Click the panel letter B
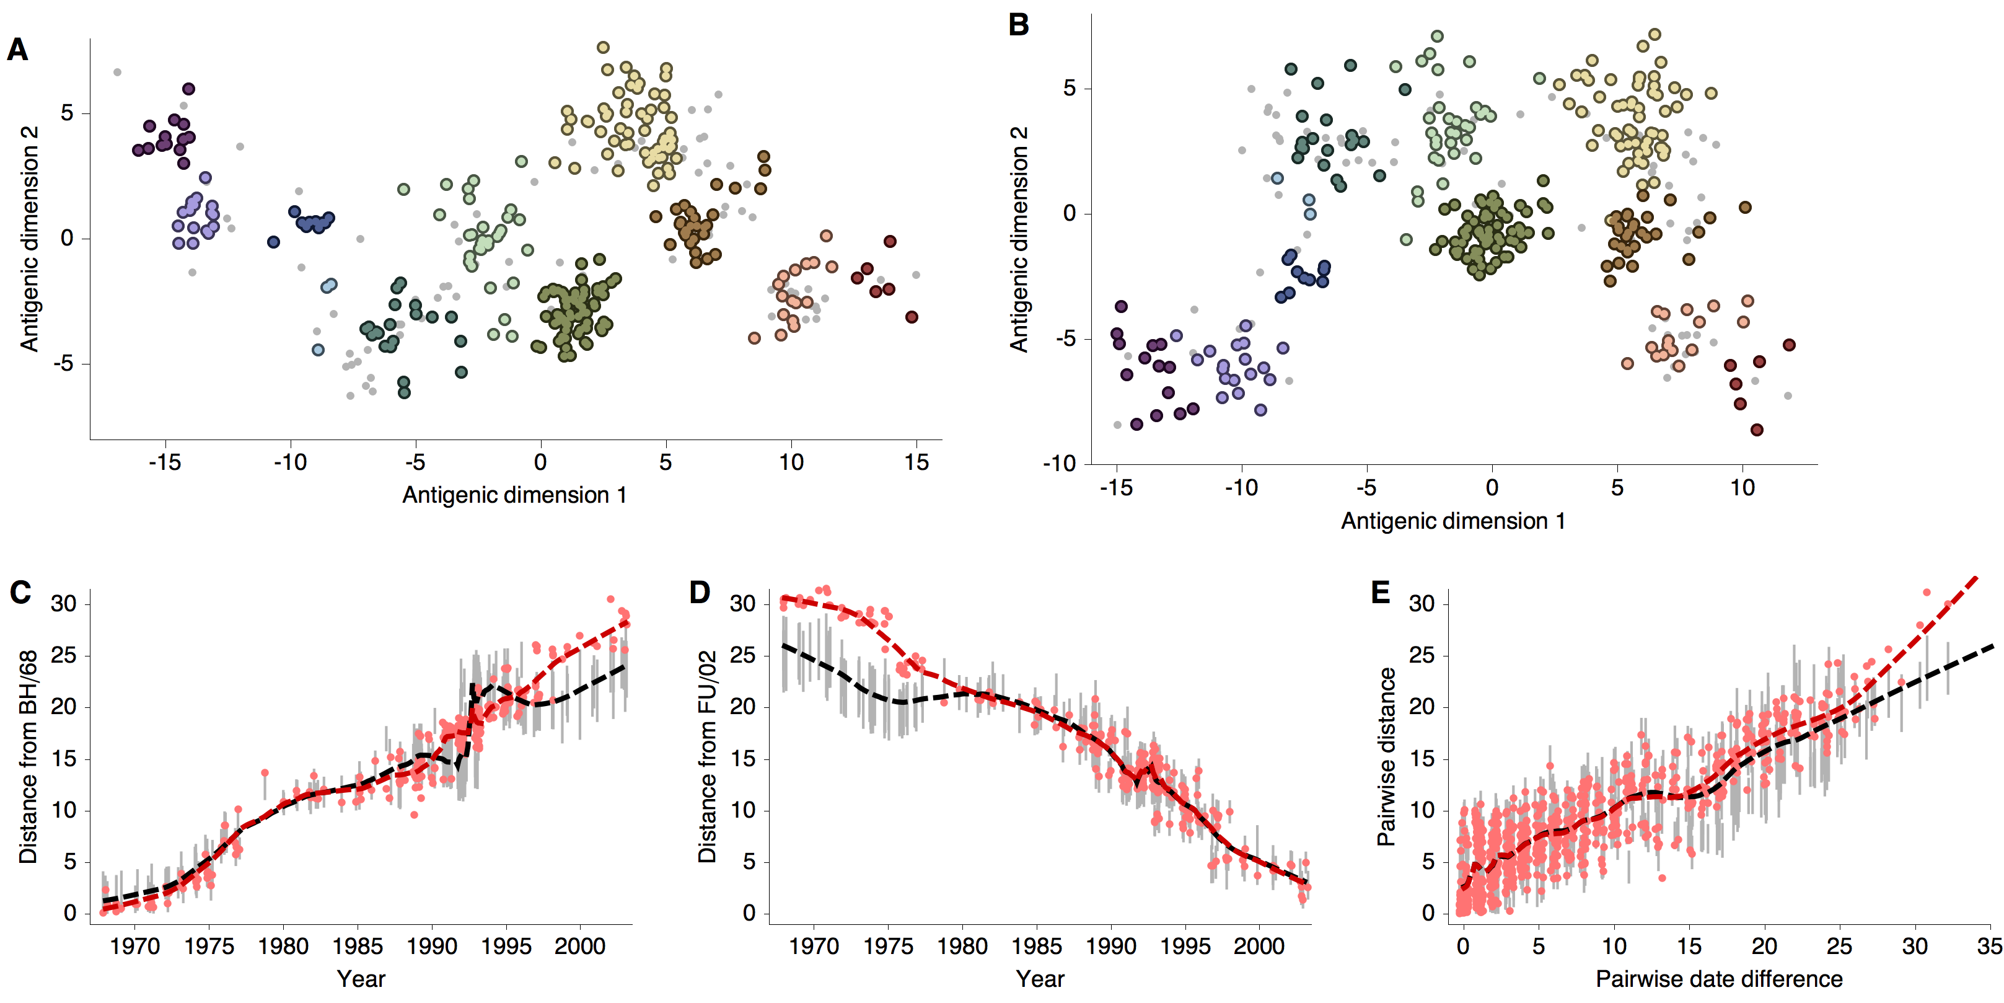click(x=1018, y=25)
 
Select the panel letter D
click(x=700, y=593)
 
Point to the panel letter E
click(x=1380, y=593)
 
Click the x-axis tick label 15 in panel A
click(x=916, y=463)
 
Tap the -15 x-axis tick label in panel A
click(x=164, y=463)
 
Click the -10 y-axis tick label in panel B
click(x=1059, y=464)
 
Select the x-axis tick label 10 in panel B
click(x=1742, y=488)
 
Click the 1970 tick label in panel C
click(x=134, y=947)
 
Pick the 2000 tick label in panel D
click(x=1259, y=947)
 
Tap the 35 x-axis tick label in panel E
click(x=1989, y=947)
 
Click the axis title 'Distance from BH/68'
click(x=29, y=756)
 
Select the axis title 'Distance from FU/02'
click(x=707, y=756)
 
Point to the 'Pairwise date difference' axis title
click(x=1718, y=979)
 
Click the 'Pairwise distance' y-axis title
click(x=1386, y=756)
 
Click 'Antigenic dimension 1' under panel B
click(x=1452, y=521)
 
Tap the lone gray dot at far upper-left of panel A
click(x=118, y=73)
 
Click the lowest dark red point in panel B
click(x=1757, y=430)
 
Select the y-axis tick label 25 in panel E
click(x=1422, y=655)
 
